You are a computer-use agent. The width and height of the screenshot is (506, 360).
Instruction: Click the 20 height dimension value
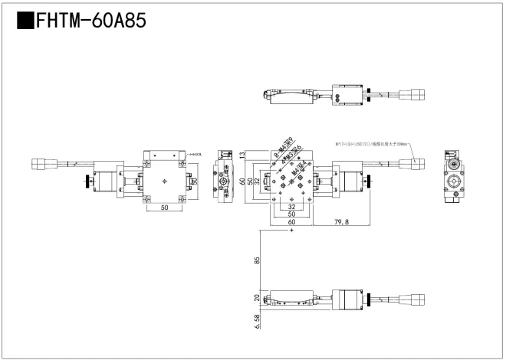pyautogui.click(x=256, y=299)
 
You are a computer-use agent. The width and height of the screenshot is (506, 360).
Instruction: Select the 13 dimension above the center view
pyautogui.click(x=242, y=155)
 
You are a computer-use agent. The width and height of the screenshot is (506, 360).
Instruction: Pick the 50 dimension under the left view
pyautogui.click(x=164, y=208)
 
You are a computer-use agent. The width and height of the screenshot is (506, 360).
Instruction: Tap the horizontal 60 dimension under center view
pyautogui.click(x=291, y=223)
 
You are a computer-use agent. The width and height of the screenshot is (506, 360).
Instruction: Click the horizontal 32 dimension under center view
pyautogui.click(x=291, y=207)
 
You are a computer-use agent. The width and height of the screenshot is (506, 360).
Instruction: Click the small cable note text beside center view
pyautogui.click(x=373, y=143)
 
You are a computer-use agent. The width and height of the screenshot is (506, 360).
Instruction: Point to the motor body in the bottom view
pyautogui.click(x=350, y=299)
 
